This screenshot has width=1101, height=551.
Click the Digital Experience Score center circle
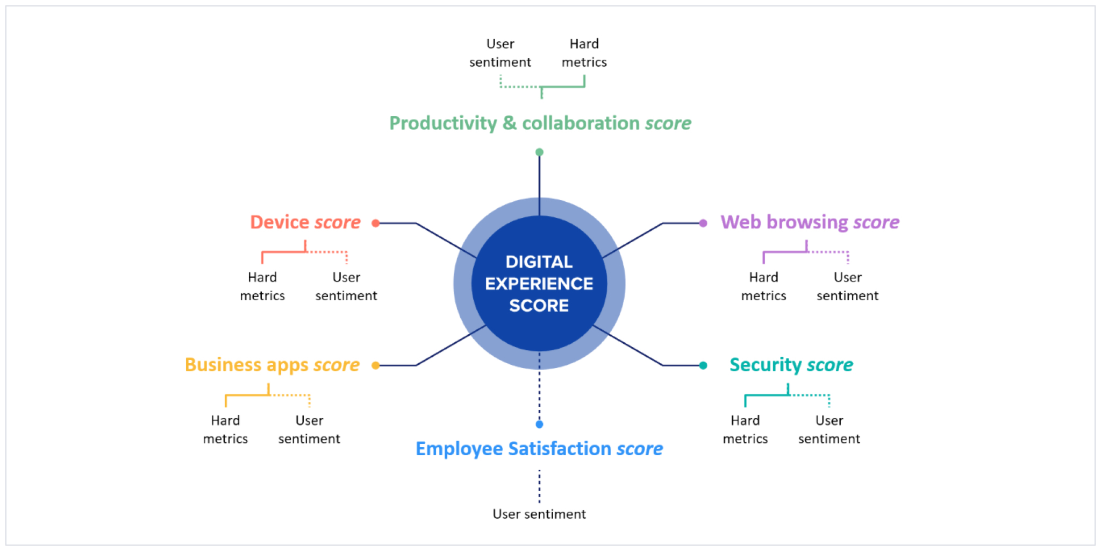pos(539,284)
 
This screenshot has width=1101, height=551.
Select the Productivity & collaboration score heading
pos(540,123)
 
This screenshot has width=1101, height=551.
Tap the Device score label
pos(305,222)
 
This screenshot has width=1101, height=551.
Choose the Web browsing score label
pos(810,222)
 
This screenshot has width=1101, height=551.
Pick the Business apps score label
pos(272,365)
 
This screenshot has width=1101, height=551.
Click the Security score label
pos(791,365)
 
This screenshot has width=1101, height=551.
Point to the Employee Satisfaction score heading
pos(539,449)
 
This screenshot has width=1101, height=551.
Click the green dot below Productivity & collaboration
pos(539,152)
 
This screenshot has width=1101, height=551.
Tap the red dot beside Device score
pos(376,223)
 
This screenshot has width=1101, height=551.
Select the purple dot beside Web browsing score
pos(703,223)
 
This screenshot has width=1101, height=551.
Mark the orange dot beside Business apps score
pos(376,365)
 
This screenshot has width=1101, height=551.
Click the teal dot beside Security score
pos(703,365)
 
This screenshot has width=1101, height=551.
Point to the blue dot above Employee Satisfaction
pos(539,424)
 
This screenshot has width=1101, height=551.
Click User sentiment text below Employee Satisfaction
pos(539,514)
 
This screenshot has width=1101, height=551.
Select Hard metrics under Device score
pos(262,286)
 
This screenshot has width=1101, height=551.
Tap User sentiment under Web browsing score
pos(847,286)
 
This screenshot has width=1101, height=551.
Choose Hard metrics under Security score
pos(745,429)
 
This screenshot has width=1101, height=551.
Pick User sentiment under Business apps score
pos(309,429)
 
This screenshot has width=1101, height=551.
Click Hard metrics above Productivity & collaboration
pos(584,53)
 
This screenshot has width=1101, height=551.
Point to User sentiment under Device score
pos(346,286)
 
